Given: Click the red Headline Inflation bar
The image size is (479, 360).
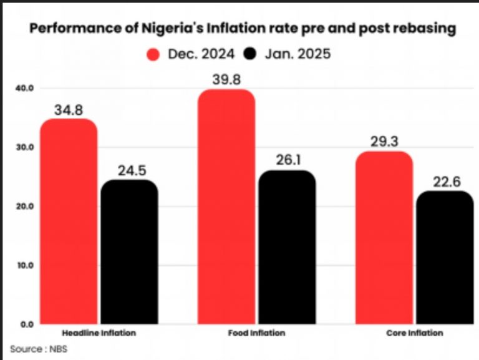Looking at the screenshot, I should (69, 221).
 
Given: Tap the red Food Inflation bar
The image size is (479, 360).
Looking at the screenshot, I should (226, 207).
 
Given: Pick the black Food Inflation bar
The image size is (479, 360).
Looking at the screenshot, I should (286, 247).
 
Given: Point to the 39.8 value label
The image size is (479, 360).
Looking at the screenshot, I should (226, 79).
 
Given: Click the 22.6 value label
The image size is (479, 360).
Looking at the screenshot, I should (445, 182).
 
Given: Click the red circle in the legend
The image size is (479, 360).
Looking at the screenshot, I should (153, 54).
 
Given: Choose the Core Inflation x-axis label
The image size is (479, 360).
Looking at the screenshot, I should (415, 333).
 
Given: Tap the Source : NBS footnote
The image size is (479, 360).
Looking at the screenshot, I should (38, 349).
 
